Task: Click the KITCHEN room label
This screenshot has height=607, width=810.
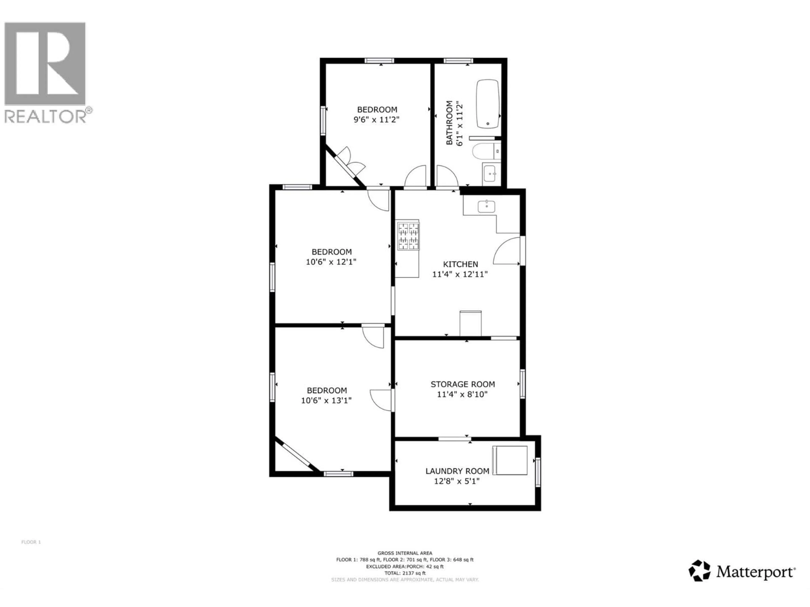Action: point(460,264)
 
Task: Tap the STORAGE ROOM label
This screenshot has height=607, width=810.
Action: point(463,384)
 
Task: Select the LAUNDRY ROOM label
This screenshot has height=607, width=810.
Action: point(457,471)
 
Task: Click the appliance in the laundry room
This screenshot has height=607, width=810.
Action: point(509,460)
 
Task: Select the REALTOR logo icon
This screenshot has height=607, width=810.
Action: point(45,64)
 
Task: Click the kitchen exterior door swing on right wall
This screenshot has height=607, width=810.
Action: point(507,251)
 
